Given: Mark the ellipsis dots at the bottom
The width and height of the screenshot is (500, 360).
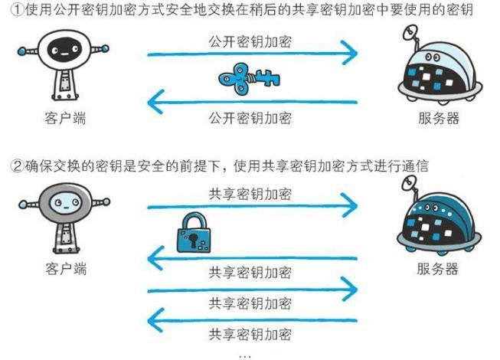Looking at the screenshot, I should (245, 355).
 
